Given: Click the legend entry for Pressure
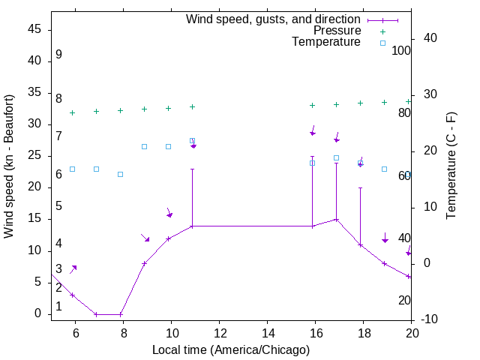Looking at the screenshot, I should (x=337, y=31).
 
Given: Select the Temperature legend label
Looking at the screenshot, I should (x=326, y=42).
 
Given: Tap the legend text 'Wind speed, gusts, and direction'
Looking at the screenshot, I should (x=274, y=19).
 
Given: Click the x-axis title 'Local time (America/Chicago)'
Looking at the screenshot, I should (x=231, y=350).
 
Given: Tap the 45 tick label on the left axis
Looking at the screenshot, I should (x=34, y=28).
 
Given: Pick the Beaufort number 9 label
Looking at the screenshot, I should (x=58, y=55).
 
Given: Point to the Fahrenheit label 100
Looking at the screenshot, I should (x=402, y=50).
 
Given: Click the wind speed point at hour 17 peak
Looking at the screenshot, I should (x=337, y=220).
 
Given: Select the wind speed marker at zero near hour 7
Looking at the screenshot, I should (x=96, y=314).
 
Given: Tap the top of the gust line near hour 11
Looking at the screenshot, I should (x=193, y=169).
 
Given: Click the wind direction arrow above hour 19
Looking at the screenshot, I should (x=385, y=238).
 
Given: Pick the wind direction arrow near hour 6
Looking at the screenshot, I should (x=73, y=268).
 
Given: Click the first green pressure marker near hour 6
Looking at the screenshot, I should (x=72, y=112).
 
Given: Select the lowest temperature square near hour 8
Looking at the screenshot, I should (x=120, y=174).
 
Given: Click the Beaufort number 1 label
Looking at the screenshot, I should (x=58, y=307).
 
